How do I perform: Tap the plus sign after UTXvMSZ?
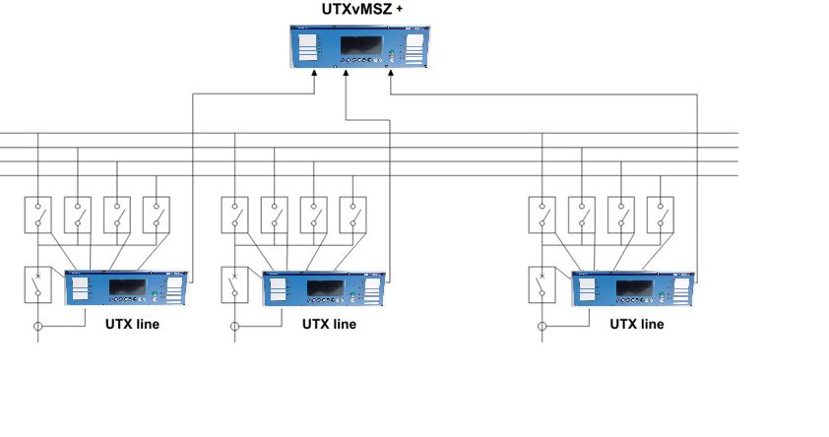click(x=400, y=8)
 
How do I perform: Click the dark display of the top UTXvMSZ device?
click(x=361, y=45)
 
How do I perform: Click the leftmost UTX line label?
click(x=132, y=323)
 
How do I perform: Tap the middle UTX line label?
click(x=329, y=323)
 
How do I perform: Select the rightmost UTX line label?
click(x=637, y=323)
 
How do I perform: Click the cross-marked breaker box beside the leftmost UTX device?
click(x=38, y=284)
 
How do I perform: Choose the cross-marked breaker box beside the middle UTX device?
click(x=235, y=284)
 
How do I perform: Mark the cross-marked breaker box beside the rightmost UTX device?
click(x=543, y=284)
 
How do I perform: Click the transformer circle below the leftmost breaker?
click(x=38, y=326)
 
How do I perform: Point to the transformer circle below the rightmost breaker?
click(x=543, y=326)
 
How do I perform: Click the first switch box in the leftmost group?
click(x=38, y=214)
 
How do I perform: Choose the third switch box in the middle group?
click(x=314, y=214)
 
